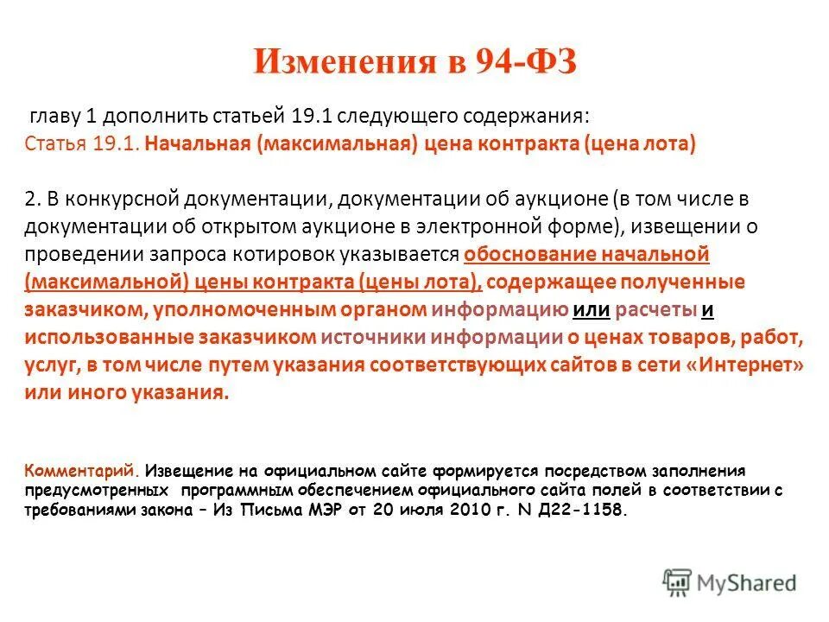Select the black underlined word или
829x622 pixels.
point(592,309)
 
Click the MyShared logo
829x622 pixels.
point(730,582)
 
